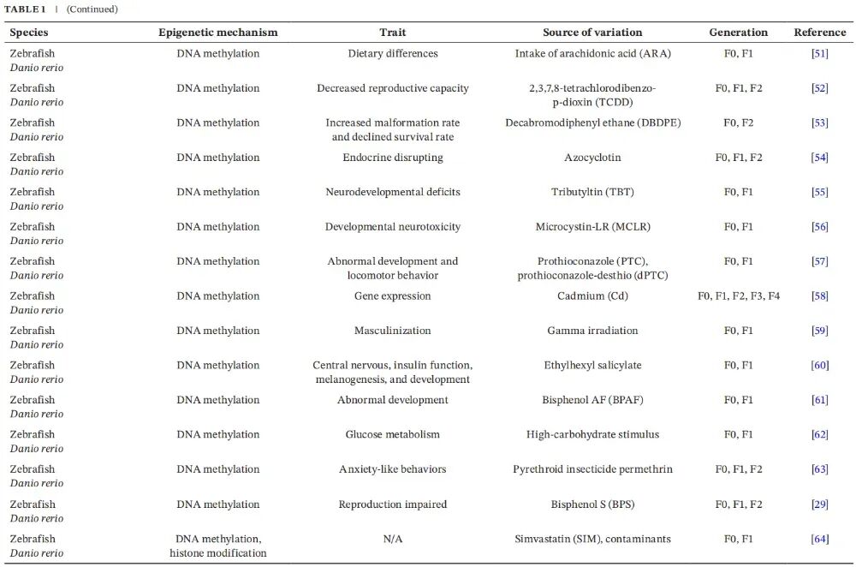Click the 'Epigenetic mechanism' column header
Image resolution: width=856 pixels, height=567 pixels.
pyautogui.click(x=218, y=33)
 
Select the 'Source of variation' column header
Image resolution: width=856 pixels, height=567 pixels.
pyautogui.click(x=592, y=33)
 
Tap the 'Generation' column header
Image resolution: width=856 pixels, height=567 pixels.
pyautogui.click(x=739, y=33)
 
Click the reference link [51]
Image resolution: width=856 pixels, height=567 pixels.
pyautogui.click(x=819, y=54)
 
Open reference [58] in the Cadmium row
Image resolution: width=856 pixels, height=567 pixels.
pyautogui.click(x=819, y=296)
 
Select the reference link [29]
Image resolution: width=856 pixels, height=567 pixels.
pyautogui.click(x=819, y=504)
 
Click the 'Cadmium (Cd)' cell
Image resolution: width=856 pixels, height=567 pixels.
pyautogui.click(x=592, y=296)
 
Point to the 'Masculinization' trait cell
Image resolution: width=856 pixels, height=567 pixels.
pyautogui.click(x=393, y=331)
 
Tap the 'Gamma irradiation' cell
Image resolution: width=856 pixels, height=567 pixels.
pyautogui.click(x=592, y=331)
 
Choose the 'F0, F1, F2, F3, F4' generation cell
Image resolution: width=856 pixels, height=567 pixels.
pyautogui.click(x=739, y=296)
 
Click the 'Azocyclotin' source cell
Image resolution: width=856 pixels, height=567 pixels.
pyautogui.click(x=592, y=158)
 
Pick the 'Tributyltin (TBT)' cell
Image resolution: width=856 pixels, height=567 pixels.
pyautogui.click(x=592, y=192)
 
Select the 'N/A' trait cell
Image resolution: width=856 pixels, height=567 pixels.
pyautogui.click(x=393, y=539)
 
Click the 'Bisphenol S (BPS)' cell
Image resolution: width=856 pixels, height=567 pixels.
pyautogui.click(x=592, y=504)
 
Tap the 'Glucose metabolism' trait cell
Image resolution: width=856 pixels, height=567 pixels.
pyautogui.click(x=393, y=435)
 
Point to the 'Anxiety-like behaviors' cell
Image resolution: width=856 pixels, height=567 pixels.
pyautogui.click(x=393, y=469)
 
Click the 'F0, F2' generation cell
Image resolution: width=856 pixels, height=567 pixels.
pyautogui.click(x=739, y=122)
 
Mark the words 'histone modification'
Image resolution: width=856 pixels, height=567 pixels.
pyautogui.click(x=218, y=553)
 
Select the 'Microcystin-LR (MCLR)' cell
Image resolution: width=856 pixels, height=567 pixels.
pyautogui.click(x=592, y=227)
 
